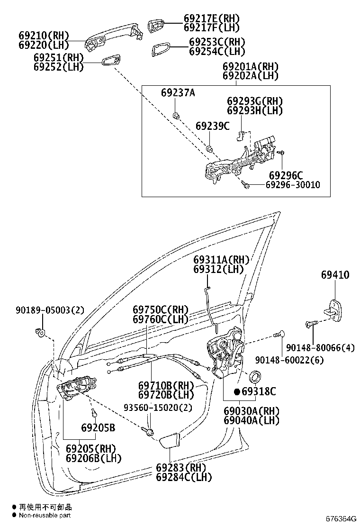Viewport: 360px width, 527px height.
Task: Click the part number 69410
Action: (335, 275)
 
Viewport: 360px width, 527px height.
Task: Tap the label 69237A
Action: (177, 93)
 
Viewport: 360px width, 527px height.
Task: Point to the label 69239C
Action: (212, 126)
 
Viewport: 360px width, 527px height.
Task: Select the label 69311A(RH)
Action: (221, 260)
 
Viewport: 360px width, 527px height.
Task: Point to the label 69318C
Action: (259, 391)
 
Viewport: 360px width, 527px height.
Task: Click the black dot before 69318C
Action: (237, 391)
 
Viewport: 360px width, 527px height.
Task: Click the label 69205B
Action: (98, 428)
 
